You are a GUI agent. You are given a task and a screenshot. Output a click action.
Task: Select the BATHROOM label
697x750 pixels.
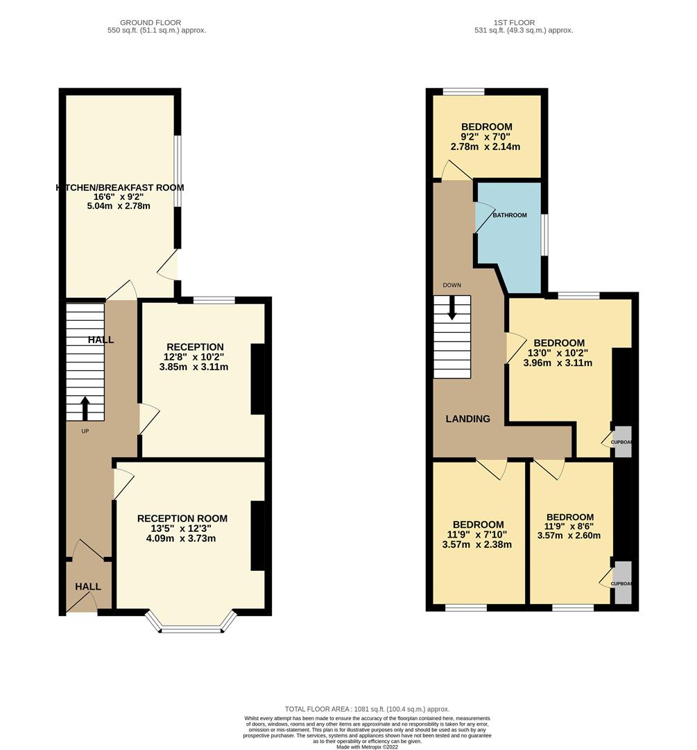(510, 215)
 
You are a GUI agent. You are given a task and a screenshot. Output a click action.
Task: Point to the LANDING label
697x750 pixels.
(467, 419)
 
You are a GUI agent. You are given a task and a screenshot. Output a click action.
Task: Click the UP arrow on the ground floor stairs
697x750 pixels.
(85, 408)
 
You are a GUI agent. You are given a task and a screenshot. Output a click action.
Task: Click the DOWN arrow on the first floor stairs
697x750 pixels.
(452, 308)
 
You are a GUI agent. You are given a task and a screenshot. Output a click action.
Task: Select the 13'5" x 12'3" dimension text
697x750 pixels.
(182, 528)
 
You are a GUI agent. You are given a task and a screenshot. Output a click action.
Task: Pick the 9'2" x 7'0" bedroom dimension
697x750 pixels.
(487, 137)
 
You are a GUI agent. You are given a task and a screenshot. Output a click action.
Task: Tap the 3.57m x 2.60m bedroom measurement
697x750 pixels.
(569, 535)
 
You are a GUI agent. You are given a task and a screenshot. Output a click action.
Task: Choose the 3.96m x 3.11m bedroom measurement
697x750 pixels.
(558, 362)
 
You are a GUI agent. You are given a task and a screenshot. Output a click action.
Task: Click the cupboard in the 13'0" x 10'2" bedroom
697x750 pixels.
(623, 441)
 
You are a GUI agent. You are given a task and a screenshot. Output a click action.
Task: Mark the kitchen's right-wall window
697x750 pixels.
(178, 171)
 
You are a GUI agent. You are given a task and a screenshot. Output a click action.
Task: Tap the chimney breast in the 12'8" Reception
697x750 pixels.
(257, 379)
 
